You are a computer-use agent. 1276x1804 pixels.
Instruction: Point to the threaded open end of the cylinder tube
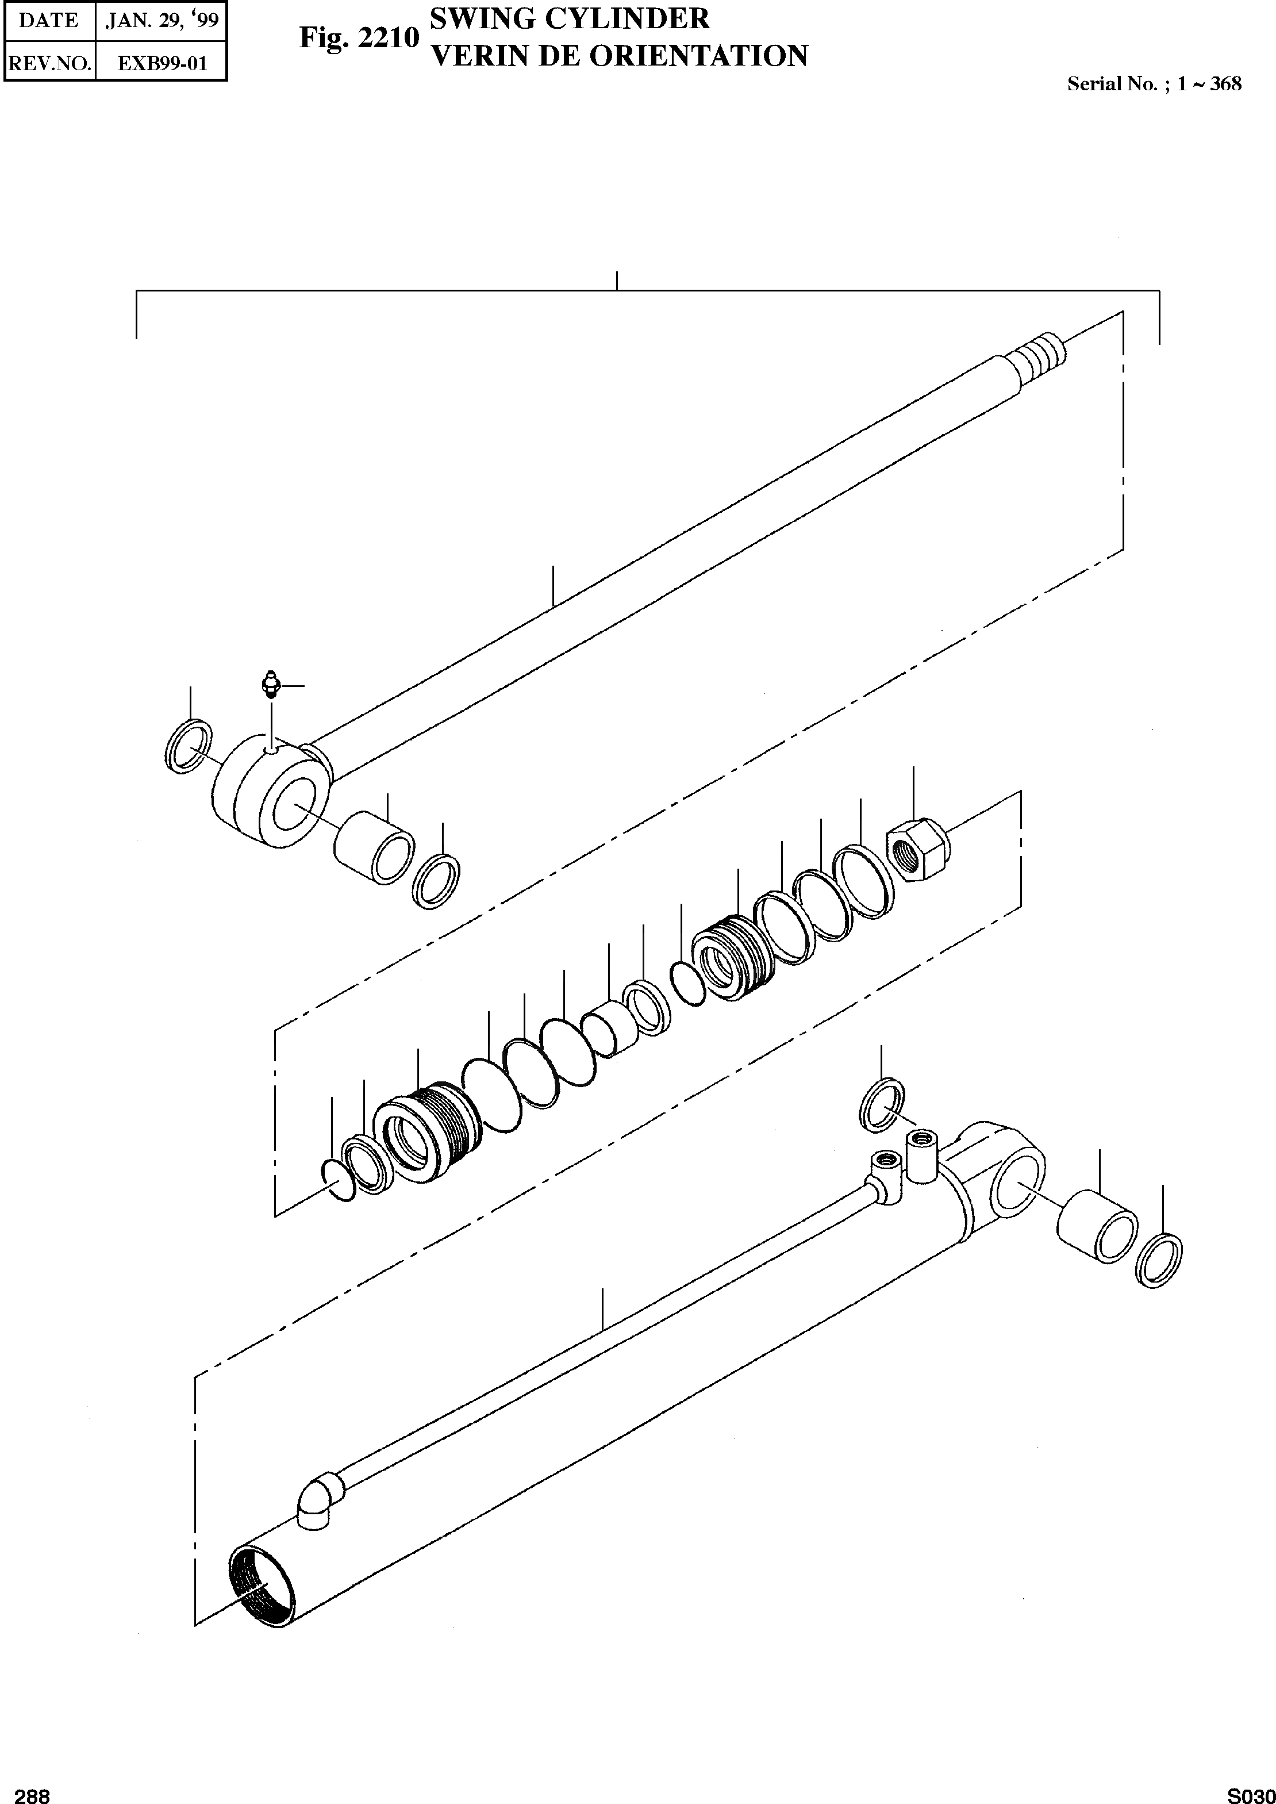pyautogui.click(x=262, y=1594)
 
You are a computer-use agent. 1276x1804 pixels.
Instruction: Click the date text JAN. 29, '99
pyautogui.click(x=162, y=21)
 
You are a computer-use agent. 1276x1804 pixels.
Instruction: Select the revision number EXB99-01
pyautogui.click(x=162, y=63)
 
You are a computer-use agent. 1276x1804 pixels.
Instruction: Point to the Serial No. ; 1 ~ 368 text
pyautogui.click(x=1154, y=84)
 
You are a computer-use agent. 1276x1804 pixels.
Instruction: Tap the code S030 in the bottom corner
pyautogui.click(x=1251, y=1795)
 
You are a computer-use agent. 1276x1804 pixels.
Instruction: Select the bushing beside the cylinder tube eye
pyautogui.click(x=1097, y=1226)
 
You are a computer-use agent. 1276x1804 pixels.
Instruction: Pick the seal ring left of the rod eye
pyautogui.click(x=189, y=745)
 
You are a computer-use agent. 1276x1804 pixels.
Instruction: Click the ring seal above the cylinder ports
pyautogui.click(x=882, y=1106)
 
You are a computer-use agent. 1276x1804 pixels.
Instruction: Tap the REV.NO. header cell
pyautogui.click(x=49, y=63)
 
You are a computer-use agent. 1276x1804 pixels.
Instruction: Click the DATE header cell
pyautogui.click(x=49, y=21)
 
